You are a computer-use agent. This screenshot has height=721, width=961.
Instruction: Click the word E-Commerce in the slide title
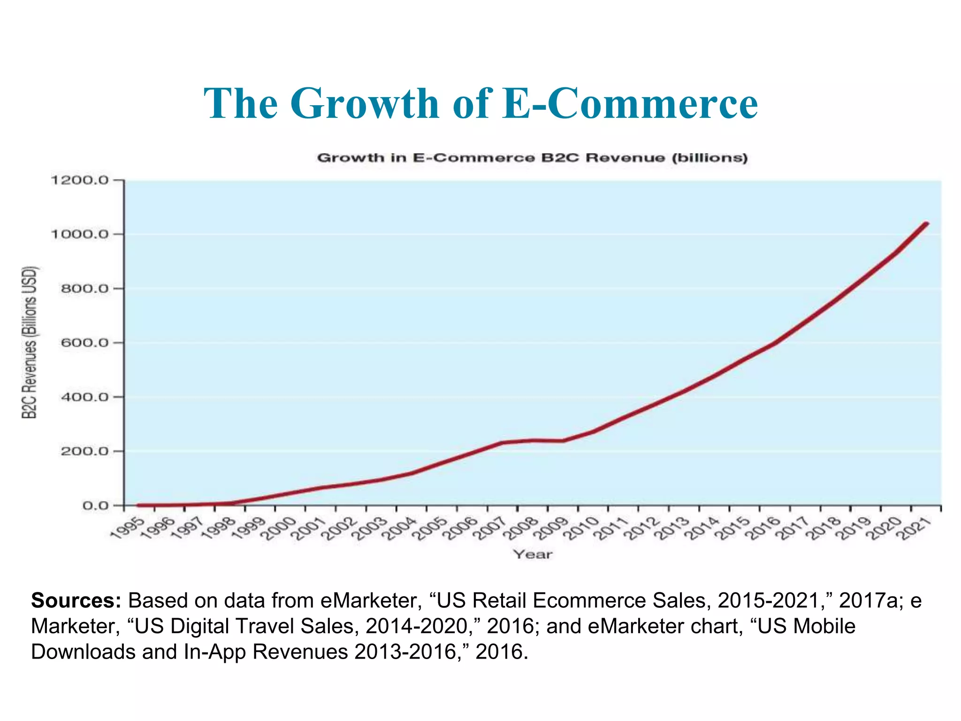coord(629,104)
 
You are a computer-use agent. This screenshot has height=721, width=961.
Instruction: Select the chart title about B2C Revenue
coord(532,158)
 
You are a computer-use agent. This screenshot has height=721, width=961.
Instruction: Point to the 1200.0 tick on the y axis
coord(79,180)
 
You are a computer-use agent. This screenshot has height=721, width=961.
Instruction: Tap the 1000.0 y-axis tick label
coord(79,234)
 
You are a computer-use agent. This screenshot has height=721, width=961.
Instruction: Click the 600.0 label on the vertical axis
coord(84,343)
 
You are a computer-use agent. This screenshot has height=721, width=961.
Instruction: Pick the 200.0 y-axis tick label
coord(84,451)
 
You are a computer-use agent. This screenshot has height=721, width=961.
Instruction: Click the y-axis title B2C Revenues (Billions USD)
coord(29,343)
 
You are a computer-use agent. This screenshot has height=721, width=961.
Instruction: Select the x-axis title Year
coord(533,554)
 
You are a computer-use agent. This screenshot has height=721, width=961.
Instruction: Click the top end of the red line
coord(926,224)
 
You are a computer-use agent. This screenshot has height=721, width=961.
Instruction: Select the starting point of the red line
coord(139,506)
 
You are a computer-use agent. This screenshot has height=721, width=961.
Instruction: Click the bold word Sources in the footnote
coord(76,601)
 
